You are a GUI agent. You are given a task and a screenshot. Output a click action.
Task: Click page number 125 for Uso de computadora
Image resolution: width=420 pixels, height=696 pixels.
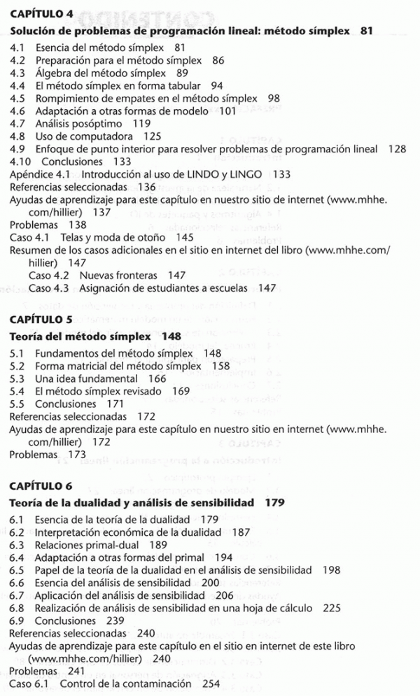pyautogui.click(x=152, y=136)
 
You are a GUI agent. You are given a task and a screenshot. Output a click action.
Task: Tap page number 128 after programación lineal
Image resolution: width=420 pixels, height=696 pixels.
pyautogui.click(x=396, y=148)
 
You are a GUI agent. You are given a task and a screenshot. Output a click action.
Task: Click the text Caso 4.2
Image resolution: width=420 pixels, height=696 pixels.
pyautogui.click(x=48, y=276)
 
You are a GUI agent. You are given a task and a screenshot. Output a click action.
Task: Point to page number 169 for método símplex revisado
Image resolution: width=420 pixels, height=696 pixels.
pyautogui.click(x=181, y=391)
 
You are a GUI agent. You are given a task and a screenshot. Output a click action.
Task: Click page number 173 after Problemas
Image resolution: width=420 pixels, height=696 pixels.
pyautogui.click(x=76, y=454)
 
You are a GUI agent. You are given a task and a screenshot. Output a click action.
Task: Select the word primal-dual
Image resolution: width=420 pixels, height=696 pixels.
pyautogui.click(x=113, y=544)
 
